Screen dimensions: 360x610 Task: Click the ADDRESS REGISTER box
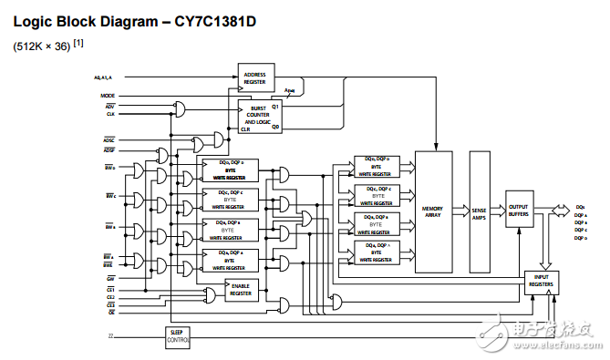pyautogui.click(x=255, y=77)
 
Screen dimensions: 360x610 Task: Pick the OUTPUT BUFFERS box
pyautogui.click(x=519, y=209)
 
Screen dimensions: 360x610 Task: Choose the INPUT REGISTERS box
pyautogui.click(x=541, y=282)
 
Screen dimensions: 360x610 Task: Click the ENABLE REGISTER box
pyautogui.click(x=240, y=290)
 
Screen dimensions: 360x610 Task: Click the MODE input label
pyautogui.click(x=108, y=95)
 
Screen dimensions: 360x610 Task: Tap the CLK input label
pyautogui.click(x=109, y=115)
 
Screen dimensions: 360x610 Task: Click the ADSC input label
pyautogui.click(x=109, y=139)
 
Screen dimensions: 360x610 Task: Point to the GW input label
pyautogui.click(x=109, y=277)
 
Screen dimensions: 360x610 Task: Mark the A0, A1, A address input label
pyautogui.click(x=104, y=77)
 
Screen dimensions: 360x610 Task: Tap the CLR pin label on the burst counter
pyautogui.click(x=244, y=129)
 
